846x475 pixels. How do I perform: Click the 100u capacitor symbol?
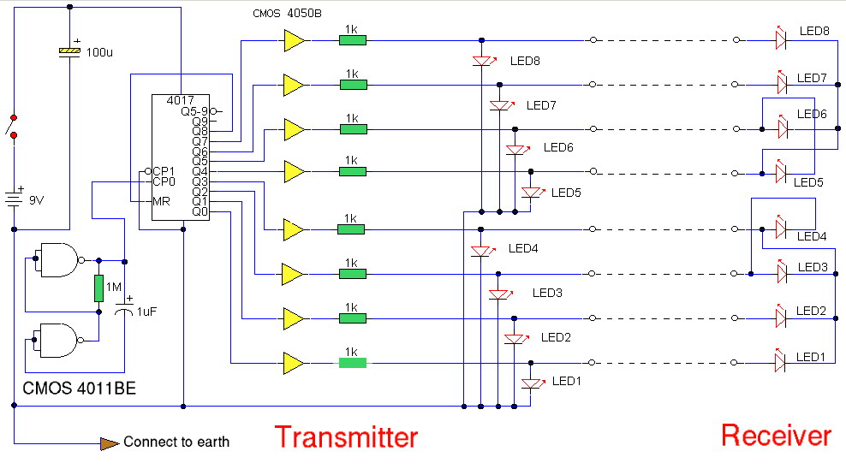[69, 51]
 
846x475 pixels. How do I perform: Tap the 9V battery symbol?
[14, 198]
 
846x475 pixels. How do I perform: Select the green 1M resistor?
[98, 288]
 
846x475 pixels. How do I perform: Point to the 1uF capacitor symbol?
[125, 310]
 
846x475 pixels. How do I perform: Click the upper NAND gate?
[59, 260]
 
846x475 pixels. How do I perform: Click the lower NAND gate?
[58, 341]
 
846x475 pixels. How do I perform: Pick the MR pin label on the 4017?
[161, 202]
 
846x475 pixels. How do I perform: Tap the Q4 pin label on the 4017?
[200, 171]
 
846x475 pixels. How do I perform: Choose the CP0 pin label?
[164, 181]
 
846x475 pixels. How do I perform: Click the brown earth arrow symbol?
[110, 443]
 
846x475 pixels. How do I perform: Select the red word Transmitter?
[347, 437]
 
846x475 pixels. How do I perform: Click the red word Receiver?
[777, 436]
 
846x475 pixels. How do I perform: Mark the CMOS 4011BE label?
[79, 389]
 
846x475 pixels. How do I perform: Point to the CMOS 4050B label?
[287, 14]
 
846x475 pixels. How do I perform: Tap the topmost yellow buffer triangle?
[294, 40]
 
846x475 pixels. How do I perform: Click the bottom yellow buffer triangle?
[294, 364]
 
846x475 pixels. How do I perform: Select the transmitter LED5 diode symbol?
[532, 192]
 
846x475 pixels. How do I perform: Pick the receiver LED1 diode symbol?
[780, 361]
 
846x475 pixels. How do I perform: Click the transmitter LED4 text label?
[523, 248]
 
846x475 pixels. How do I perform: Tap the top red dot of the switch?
[14, 117]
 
